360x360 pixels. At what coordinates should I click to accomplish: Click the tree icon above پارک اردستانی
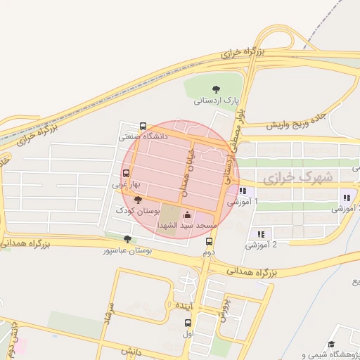point(215,89)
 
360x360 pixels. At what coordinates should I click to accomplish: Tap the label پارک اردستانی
point(215,101)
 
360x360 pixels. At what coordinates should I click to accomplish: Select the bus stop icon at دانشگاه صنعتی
point(143,126)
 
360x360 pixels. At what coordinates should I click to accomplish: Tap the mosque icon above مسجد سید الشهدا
point(186,215)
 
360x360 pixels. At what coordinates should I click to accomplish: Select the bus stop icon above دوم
point(208,240)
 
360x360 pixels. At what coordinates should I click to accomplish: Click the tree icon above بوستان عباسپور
point(127,239)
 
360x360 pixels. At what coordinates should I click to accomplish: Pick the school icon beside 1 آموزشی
point(243,191)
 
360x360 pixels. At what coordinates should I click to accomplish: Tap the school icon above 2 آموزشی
point(261,233)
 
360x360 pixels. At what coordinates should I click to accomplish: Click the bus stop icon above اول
point(188,323)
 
